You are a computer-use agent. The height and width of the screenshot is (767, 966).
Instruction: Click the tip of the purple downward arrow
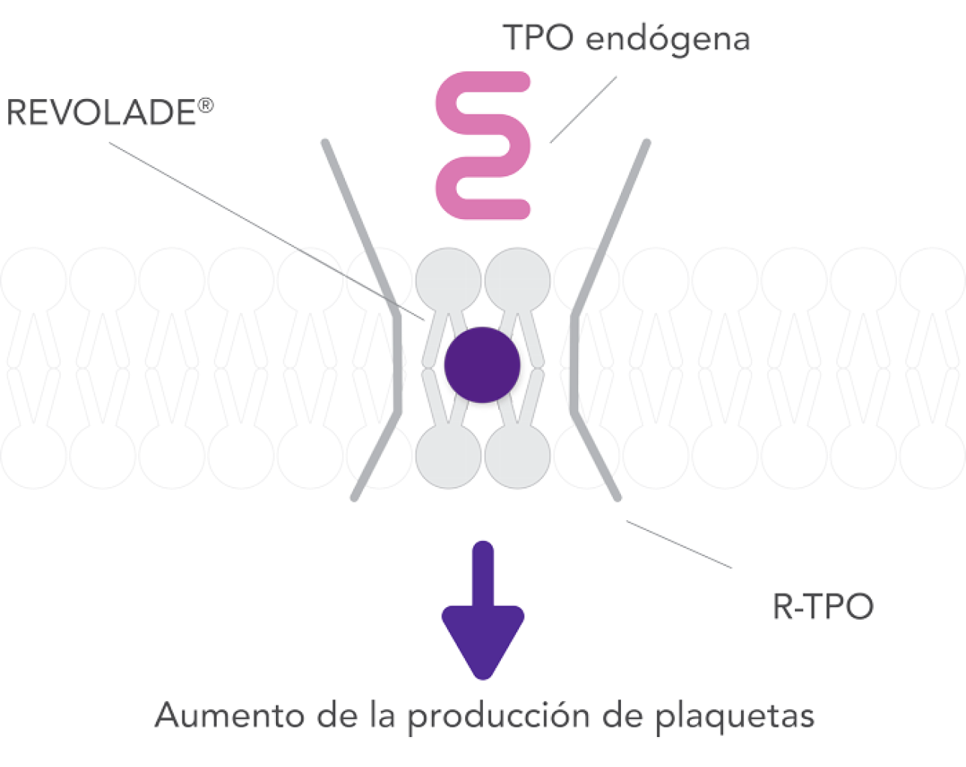[483, 679]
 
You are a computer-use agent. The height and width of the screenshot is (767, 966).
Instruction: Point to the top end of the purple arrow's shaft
[483, 542]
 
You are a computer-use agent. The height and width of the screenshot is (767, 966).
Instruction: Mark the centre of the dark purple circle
[482, 365]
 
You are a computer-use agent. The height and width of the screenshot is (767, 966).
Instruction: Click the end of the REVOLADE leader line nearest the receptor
[424, 320]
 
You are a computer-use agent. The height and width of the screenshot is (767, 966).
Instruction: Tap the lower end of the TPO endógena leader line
[550, 143]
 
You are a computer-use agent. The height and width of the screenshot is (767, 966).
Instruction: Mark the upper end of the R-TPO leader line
[627, 522]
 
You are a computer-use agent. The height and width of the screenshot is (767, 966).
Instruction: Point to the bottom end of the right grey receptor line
[617, 498]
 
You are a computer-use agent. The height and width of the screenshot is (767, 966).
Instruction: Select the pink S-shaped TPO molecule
[483, 146]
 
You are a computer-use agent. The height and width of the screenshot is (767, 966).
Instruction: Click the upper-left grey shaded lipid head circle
[448, 281]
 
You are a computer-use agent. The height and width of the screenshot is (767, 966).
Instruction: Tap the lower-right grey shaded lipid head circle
[517, 456]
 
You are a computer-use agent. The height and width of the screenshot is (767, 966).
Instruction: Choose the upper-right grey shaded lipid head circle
[517, 281]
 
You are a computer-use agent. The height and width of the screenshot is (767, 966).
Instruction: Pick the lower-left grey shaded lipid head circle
[448, 456]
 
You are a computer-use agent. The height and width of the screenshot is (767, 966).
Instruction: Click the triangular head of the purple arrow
[483, 642]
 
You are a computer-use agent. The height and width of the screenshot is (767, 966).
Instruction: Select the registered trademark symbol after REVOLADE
[205, 106]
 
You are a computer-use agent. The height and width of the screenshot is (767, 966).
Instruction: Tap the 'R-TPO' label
[823, 606]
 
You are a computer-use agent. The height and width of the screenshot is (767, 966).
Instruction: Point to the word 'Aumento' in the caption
[229, 715]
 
